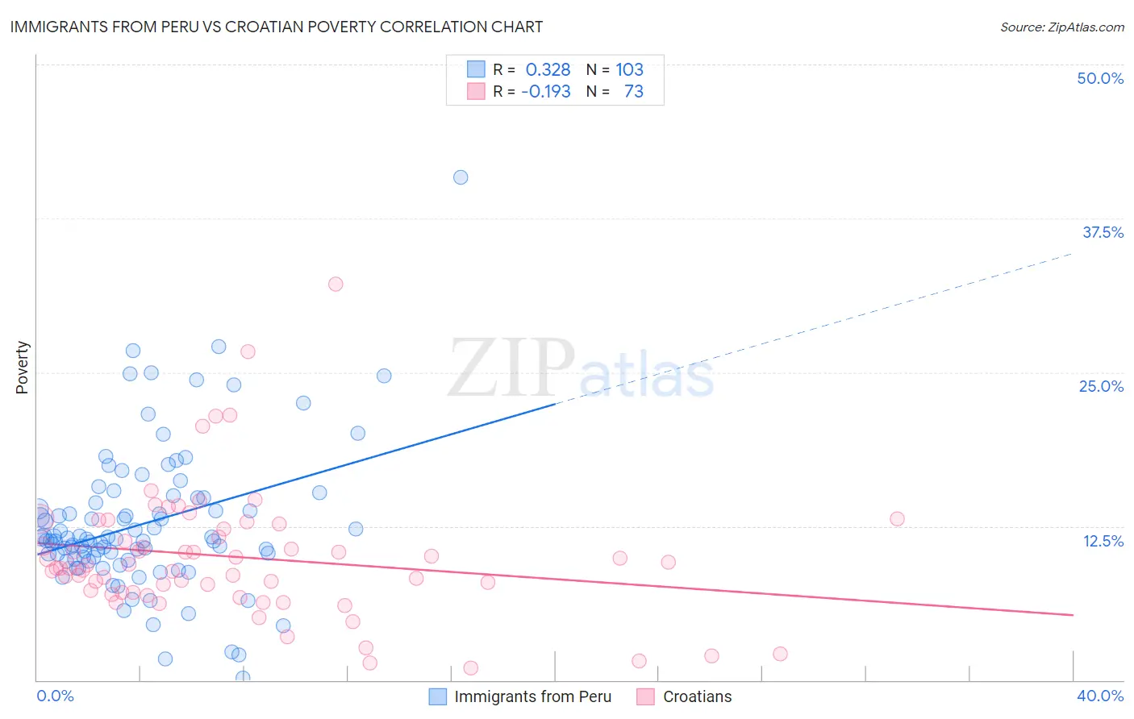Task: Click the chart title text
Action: (x=276, y=27)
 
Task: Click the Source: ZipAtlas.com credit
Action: (x=1061, y=27)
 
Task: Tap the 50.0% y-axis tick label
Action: (x=1100, y=78)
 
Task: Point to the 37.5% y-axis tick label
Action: (x=1103, y=232)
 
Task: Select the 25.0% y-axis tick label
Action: (x=1101, y=386)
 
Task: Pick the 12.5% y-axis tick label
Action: (x=1103, y=540)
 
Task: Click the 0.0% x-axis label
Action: (x=55, y=696)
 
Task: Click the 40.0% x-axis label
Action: (x=1099, y=696)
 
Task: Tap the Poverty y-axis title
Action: (x=22, y=368)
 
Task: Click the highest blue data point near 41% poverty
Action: (x=461, y=177)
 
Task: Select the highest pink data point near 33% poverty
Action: (x=336, y=284)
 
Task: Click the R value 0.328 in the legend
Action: (x=548, y=69)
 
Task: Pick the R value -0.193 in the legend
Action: (x=546, y=91)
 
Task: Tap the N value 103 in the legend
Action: (x=629, y=69)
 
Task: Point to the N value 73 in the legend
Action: (x=633, y=91)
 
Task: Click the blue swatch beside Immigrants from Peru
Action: (x=437, y=696)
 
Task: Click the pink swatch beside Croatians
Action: (x=645, y=696)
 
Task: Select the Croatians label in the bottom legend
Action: (x=697, y=696)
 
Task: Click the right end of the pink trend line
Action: (x=1072, y=615)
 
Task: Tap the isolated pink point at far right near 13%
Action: (x=897, y=519)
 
